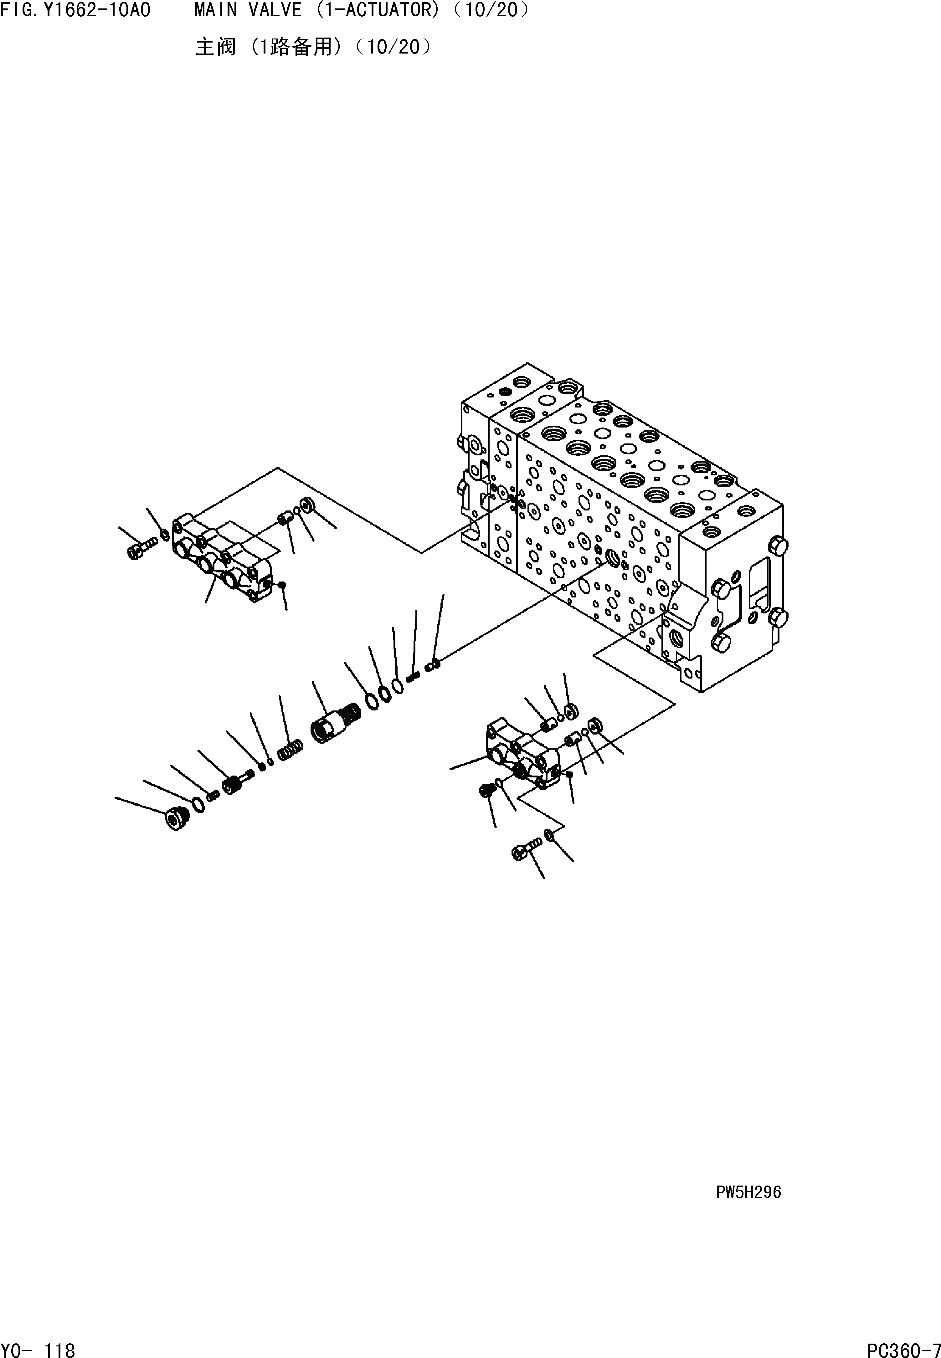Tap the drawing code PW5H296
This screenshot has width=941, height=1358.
tap(748, 1192)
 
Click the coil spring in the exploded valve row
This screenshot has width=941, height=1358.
tap(291, 750)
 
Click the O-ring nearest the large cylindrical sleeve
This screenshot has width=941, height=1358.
tap(372, 701)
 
